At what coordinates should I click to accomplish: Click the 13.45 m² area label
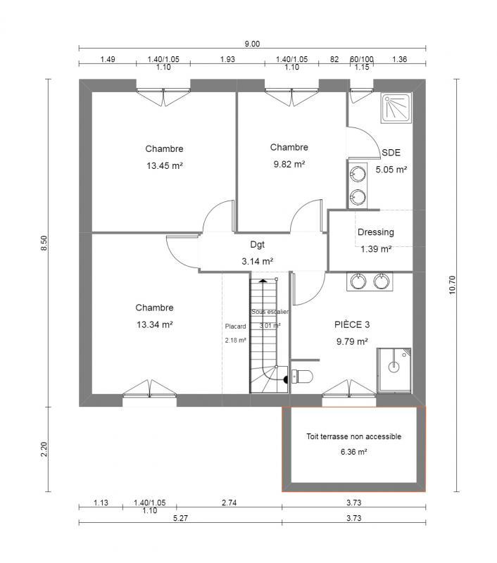164,166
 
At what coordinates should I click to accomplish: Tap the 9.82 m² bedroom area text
289,164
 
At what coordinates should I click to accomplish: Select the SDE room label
391,152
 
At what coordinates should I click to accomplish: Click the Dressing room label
375,232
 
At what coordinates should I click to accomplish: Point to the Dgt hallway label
257,245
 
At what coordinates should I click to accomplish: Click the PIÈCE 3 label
352,325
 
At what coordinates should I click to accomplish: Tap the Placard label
235,327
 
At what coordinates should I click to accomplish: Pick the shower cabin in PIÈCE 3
394,368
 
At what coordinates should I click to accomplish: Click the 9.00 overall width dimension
252,44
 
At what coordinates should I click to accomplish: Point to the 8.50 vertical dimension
44,243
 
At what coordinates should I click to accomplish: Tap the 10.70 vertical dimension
453,283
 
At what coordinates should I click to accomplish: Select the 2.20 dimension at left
44,450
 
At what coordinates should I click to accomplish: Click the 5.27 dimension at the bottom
180,518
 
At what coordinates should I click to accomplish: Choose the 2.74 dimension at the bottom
229,502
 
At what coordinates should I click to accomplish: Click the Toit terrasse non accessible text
353,436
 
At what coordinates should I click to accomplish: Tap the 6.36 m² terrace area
353,453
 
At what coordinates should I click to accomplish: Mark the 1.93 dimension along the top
227,59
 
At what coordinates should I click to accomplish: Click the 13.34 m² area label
155,324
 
